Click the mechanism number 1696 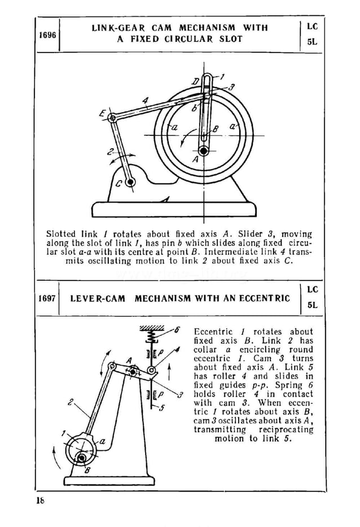pyautogui.click(x=47, y=35)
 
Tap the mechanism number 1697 pyautogui.click(x=47, y=298)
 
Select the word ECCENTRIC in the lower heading pyautogui.click(x=267, y=298)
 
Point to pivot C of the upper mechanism pyautogui.click(x=130, y=182)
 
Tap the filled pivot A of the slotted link pyautogui.click(x=202, y=151)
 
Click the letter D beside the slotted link pyautogui.click(x=195, y=82)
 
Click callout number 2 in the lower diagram pyautogui.click(x=71, y=403)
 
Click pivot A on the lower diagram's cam pyautogui.click(x=133, y=371)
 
